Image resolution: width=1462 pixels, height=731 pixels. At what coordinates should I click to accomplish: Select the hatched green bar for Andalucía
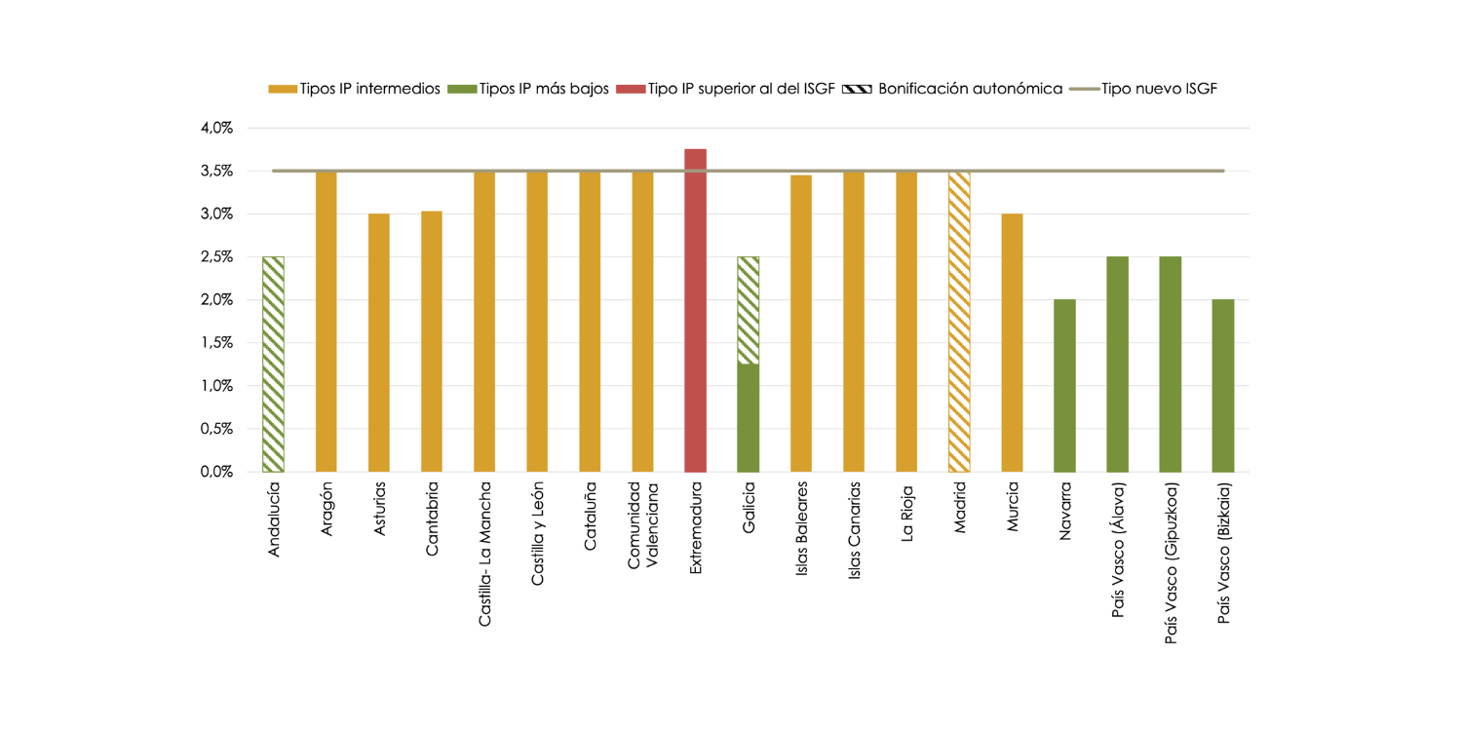point(273,365)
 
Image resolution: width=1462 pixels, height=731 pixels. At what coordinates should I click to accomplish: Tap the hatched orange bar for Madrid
point(959,322)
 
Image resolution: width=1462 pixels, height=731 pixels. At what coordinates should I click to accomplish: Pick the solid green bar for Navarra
point(1064,386)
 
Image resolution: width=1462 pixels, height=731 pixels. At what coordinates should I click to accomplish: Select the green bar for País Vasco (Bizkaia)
point(1222,386)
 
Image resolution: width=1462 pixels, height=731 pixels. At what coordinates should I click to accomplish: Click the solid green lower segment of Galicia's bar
point(749,419)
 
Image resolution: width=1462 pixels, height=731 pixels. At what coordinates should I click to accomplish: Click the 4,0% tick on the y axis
point(217,128)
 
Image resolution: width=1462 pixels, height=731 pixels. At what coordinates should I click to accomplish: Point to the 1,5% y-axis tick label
point(217,343)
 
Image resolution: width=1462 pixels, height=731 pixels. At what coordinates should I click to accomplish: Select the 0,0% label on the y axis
point(217,472)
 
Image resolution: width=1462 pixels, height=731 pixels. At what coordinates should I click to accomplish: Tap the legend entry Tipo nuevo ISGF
point(1160,89)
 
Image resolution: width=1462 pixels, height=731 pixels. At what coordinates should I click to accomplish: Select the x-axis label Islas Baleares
point(801,526)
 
